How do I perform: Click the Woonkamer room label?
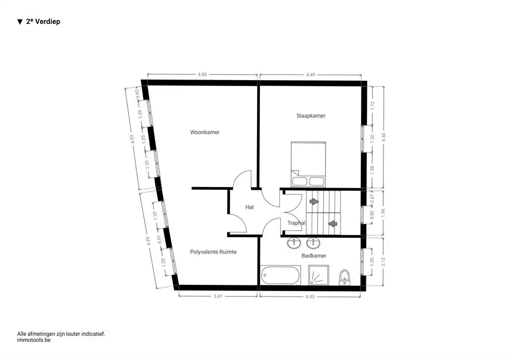[x=205, y=132]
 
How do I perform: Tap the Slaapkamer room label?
[x=311, y=116]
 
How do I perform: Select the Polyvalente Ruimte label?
[x=213, y=252]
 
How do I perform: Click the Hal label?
[x=250, y=207]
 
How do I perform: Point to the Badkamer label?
[x=314, y=256]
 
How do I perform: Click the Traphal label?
[x=296, y=223]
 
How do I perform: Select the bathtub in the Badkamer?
[x=280, y=275]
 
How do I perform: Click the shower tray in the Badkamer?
[x=318, y=275]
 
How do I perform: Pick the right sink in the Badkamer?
[x=314, y=243]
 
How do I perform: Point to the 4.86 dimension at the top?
[x=202, y=75]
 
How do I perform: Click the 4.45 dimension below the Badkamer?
[x=310, y=296]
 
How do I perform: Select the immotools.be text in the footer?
[x=34, y=340]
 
